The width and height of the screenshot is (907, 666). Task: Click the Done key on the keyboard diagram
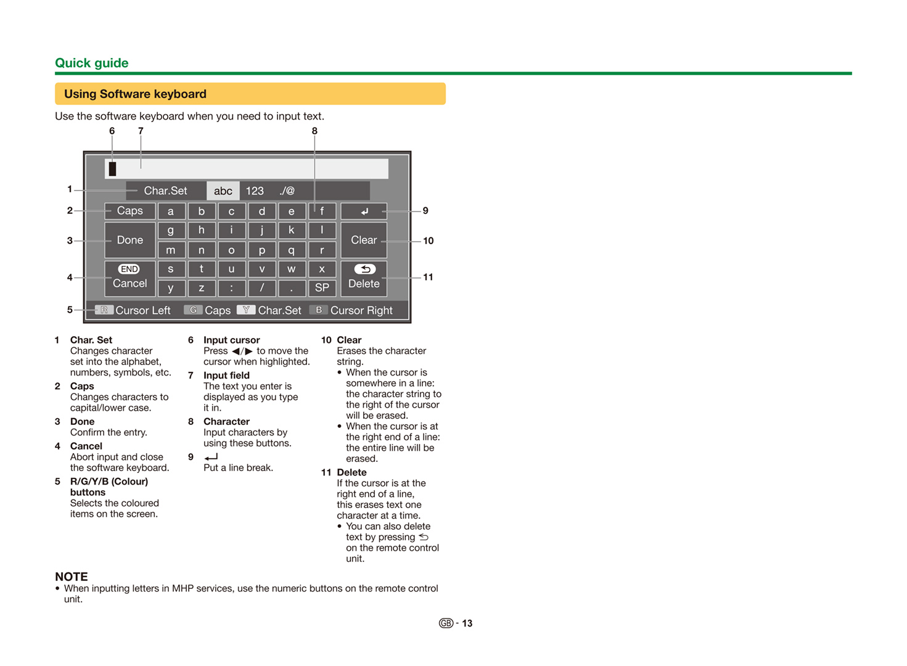pos(129,240)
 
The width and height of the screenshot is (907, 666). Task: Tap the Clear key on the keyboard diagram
pos(364,240)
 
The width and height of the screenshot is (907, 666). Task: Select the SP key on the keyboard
pos(322,287)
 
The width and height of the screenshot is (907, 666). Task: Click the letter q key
pos(292,250)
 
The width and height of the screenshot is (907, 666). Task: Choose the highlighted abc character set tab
pos(223,191)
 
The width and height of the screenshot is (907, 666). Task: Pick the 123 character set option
pos(255,191)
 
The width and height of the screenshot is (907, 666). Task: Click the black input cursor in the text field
pos(112,168)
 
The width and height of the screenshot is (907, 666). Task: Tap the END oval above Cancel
pos(129,269)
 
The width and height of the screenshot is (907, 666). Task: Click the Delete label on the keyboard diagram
pos(364,284)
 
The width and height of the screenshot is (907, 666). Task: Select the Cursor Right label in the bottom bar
pos(361,310)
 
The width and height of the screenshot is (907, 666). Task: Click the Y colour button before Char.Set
pos(246,310)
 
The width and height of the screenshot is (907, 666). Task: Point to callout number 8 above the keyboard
pos(314,131)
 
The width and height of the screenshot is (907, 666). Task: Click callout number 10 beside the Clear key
pos(429,240)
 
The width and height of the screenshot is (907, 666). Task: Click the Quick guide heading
pos(92,63)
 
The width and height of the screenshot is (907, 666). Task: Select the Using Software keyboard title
pos(135,94)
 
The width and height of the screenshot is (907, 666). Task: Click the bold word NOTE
pos(72,577)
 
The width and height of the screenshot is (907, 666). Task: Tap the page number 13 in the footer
pos(467,623)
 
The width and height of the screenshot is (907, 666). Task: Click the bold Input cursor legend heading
pos(231,340)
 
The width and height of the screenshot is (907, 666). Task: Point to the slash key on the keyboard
pos(262,287)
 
